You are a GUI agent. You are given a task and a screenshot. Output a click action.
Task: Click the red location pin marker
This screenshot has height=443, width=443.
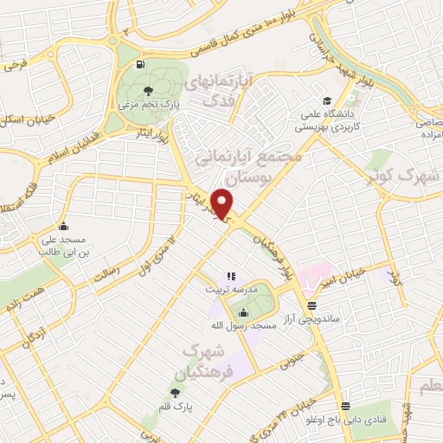[x=225, y=203]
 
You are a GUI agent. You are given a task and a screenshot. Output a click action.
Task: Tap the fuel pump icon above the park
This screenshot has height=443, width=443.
[x=138, y=63]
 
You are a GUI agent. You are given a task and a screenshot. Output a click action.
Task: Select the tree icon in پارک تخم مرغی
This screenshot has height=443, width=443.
[x=148, y=90]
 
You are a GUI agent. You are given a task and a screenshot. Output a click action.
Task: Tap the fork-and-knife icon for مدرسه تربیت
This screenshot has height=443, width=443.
[x=231, y=276]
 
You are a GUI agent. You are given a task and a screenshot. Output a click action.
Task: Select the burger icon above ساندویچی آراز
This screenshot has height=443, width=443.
[x=311, y=305]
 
